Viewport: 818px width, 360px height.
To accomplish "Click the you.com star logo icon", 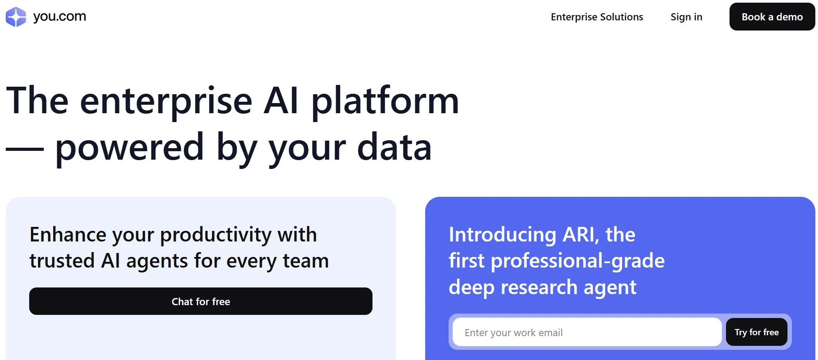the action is [x=16, y=17].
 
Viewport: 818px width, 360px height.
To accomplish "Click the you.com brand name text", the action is [x=60, y=17].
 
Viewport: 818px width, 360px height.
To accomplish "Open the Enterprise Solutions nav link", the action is [x=597, y=17].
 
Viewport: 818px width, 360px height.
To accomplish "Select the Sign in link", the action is [x=686, y=17].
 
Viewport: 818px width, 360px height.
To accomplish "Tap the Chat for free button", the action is [x=201, y=301].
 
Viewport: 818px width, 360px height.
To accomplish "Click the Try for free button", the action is [x=757, y=332].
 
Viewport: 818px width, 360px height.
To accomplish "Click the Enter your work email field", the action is [x=587, y=332].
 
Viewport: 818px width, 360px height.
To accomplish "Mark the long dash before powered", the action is [x=25, y=149].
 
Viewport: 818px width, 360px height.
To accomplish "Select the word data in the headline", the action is [x=394, y=147].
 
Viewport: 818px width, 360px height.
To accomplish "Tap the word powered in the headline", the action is [x=130, y=148].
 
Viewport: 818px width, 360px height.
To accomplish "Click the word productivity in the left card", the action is [x=216, y=235].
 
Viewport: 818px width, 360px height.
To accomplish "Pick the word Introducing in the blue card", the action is [x=503, y=235].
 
